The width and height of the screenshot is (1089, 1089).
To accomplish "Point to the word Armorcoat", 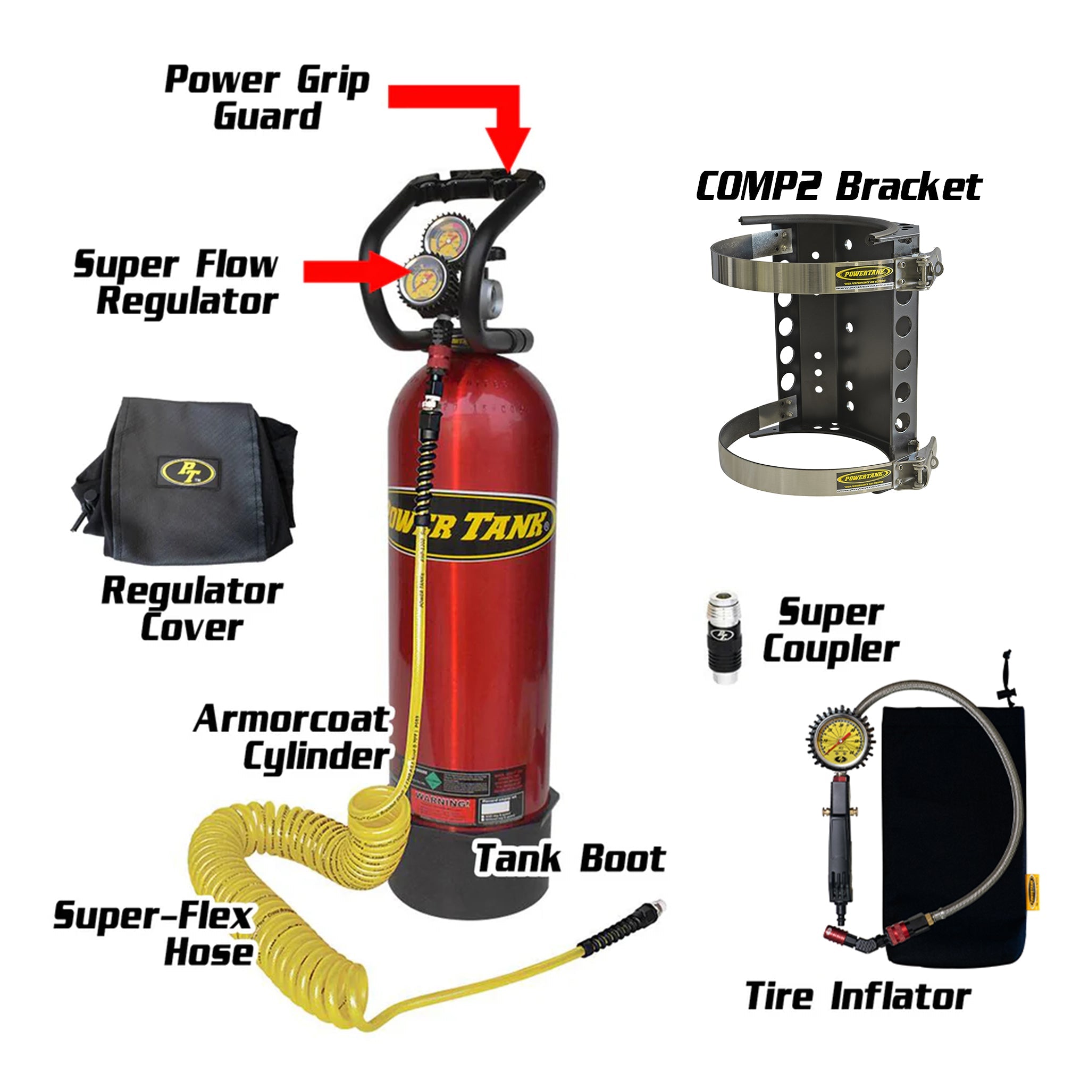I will point(291,720).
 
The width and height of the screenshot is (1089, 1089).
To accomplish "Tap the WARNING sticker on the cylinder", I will point(442,800).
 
